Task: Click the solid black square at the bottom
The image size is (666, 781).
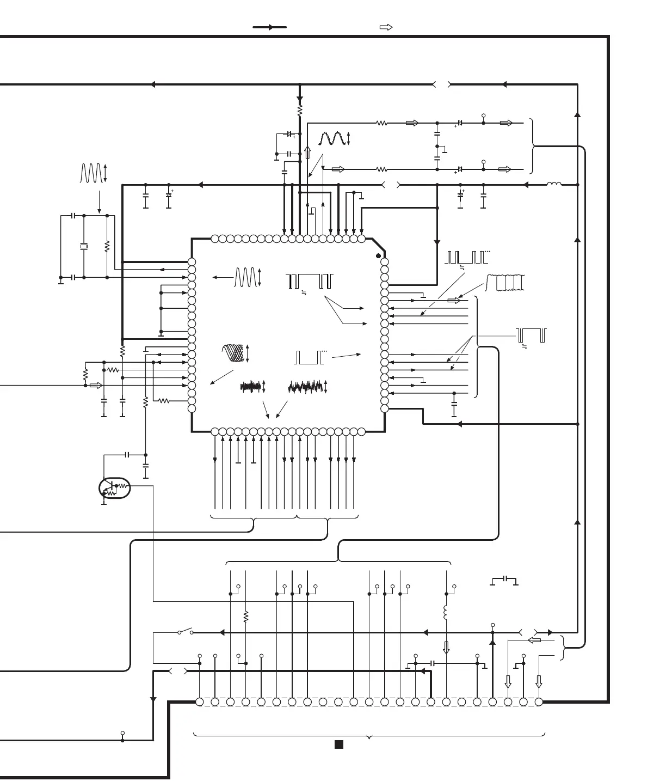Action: point(338,745)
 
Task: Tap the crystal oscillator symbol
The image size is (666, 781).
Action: point(83,247)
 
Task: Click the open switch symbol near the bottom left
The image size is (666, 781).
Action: point(186,632)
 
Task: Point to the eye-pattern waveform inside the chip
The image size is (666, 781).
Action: point(234,353)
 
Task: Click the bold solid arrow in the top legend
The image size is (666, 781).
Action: point(270,27)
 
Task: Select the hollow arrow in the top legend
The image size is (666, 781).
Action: point(386,27)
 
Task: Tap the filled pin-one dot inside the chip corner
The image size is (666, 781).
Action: point(379,255)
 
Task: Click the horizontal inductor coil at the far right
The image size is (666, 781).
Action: point(554,185)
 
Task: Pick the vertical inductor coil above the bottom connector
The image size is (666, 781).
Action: point(446,612)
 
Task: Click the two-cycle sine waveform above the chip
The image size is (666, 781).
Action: point(333,139)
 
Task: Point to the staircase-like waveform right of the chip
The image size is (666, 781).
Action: point(506,282)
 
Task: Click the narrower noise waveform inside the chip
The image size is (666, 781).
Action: point(251,387)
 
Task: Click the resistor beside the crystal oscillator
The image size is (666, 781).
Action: point(107,246)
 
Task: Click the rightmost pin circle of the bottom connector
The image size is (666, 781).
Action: point(539,702)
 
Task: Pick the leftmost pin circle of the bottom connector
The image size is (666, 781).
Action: point(200,702)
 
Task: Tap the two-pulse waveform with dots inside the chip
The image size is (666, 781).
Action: point(309,357)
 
